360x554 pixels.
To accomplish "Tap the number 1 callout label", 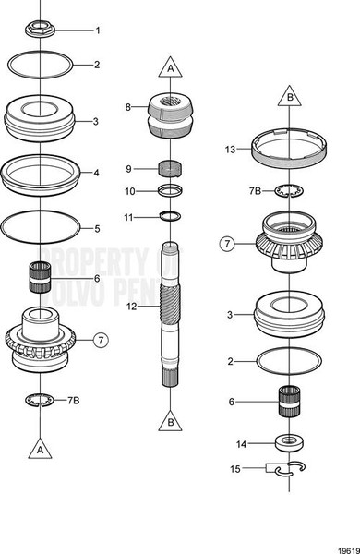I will (98, 30).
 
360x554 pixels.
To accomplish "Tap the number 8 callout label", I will (128, 107).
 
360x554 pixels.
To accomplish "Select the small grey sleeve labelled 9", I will (170, 168).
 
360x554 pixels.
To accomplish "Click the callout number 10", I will (130, 191).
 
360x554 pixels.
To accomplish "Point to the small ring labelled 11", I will (169, 216).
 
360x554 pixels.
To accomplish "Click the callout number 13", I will (231, 148).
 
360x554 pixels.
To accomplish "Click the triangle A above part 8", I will (170, 67).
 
